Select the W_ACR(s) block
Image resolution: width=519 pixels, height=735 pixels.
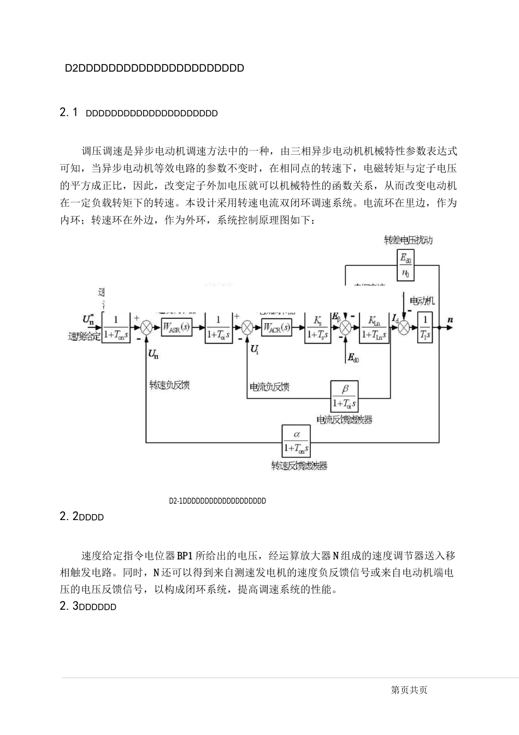[276, 328]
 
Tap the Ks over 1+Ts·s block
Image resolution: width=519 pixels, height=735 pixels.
[318, 328]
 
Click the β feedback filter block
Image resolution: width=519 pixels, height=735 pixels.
[344, 396]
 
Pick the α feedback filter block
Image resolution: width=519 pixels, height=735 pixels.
[296, 441]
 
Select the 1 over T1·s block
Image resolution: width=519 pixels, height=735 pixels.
[424, 328]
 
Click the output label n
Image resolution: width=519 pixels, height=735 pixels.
[450, 319]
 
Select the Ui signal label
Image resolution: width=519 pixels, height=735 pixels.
[254, 348]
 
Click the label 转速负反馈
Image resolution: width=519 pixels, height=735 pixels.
[169, 386]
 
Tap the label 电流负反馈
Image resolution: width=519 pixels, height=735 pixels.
[269, 387]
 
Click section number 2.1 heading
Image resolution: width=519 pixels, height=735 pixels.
[69, 113]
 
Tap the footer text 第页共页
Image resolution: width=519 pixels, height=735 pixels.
[410, 690]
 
